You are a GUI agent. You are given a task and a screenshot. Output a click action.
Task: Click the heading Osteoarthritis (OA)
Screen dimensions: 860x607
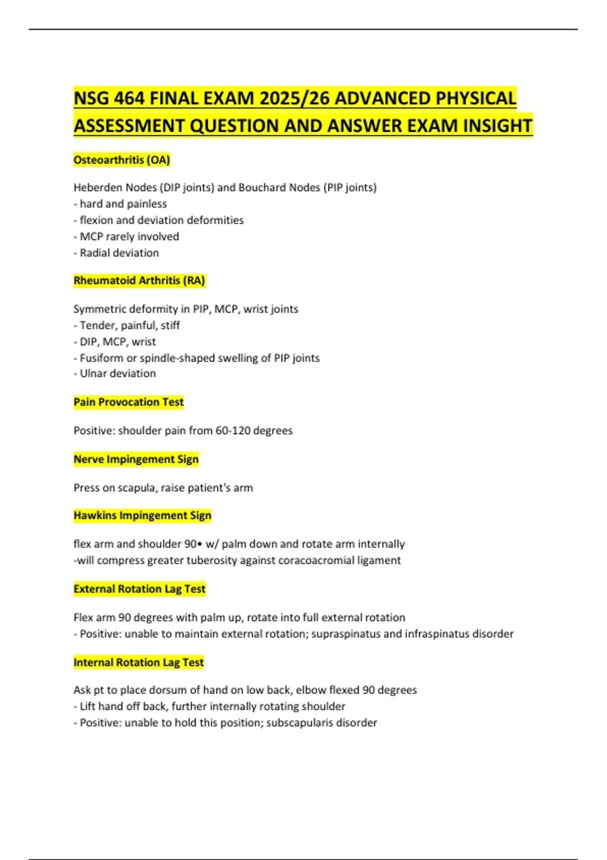pos(121,160)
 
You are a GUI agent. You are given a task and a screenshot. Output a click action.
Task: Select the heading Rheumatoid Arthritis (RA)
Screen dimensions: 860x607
pos(139,280)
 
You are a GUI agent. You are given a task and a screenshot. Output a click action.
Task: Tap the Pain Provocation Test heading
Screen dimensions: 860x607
pos(128,402)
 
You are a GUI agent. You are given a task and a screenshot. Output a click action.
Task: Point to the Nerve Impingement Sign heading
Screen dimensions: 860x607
pos(136,459)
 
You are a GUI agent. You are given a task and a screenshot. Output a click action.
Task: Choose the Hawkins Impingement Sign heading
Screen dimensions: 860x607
pos(142,515)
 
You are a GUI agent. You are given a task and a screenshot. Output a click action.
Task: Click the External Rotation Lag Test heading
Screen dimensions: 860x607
pos(140,589)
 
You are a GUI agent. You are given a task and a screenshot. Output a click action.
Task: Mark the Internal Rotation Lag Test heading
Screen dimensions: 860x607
pos(139,662)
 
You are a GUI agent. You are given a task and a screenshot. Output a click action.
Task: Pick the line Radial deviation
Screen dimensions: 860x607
pos(119,253)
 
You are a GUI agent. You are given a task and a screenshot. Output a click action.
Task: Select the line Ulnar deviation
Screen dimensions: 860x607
pos(117,373)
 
